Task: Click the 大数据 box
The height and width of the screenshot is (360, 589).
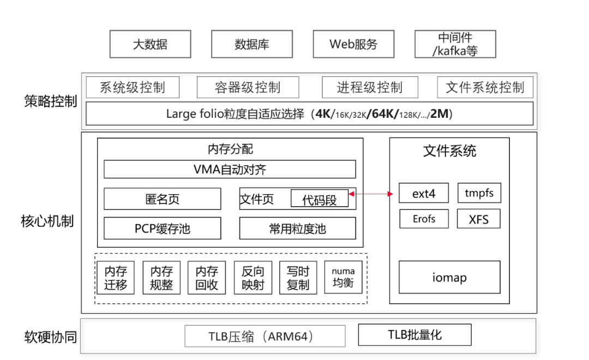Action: click(150, 44)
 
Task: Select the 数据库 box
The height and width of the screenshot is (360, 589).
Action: click(251, 44)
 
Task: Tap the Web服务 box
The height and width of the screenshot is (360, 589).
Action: click(353, 44)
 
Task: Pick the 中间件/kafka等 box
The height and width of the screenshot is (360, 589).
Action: click(455, 44)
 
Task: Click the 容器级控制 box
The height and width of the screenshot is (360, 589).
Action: click(248, 87)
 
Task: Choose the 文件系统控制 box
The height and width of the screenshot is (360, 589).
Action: click(485, 87)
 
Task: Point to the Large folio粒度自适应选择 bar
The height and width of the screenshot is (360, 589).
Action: click(309, 114)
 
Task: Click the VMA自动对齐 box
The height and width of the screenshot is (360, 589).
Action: click(230, 169)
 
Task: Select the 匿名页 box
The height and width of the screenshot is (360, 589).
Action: click(162, 199)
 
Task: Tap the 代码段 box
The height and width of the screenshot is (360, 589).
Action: click(319, 199)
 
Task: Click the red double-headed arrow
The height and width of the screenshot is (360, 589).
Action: click(374, 194)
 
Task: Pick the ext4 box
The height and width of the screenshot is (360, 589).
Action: click(424, 193)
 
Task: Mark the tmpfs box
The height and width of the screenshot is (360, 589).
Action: click(479, 193)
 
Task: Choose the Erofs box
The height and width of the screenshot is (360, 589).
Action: click(424, 219)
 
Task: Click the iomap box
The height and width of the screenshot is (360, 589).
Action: click(449, 278)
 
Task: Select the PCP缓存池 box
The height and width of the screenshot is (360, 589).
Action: click(162, 229)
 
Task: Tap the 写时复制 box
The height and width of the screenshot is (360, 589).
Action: click(298, 278)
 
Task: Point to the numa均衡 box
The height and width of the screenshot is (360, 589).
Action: click(343, 277)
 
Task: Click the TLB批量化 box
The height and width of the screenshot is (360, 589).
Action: click(414, 334)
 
